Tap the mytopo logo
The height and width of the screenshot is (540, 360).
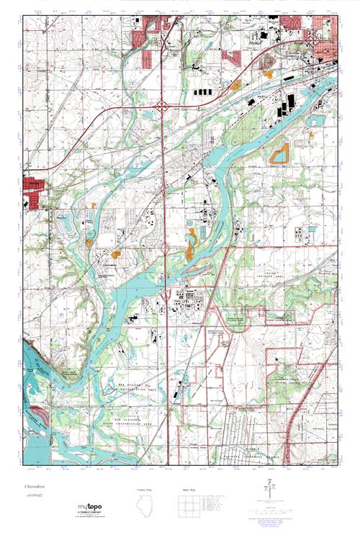[90, 507]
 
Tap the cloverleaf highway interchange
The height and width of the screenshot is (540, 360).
[165, 107]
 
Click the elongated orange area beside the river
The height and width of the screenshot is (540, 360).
[192, 245]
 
